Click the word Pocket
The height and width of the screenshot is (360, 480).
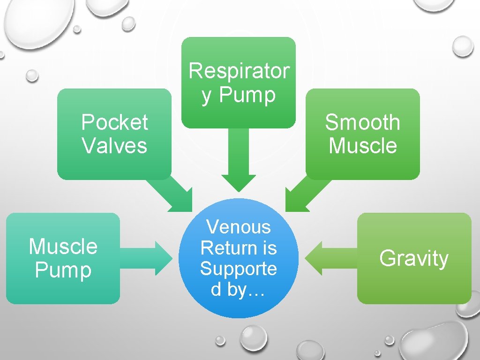114,123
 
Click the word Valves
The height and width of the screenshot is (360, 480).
114,145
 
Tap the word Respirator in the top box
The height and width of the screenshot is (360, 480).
239,71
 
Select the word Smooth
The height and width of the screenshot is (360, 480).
362,123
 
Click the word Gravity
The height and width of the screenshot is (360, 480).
414,258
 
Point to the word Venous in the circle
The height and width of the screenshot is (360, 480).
239,227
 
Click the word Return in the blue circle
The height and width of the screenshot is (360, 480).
239,247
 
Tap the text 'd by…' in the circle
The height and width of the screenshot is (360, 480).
239,290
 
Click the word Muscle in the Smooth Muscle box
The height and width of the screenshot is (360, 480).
362,145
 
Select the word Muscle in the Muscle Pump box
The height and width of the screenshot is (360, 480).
63,247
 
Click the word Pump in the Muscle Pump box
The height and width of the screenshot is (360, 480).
63,270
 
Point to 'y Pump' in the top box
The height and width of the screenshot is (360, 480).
239,95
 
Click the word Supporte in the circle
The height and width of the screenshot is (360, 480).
239,269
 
